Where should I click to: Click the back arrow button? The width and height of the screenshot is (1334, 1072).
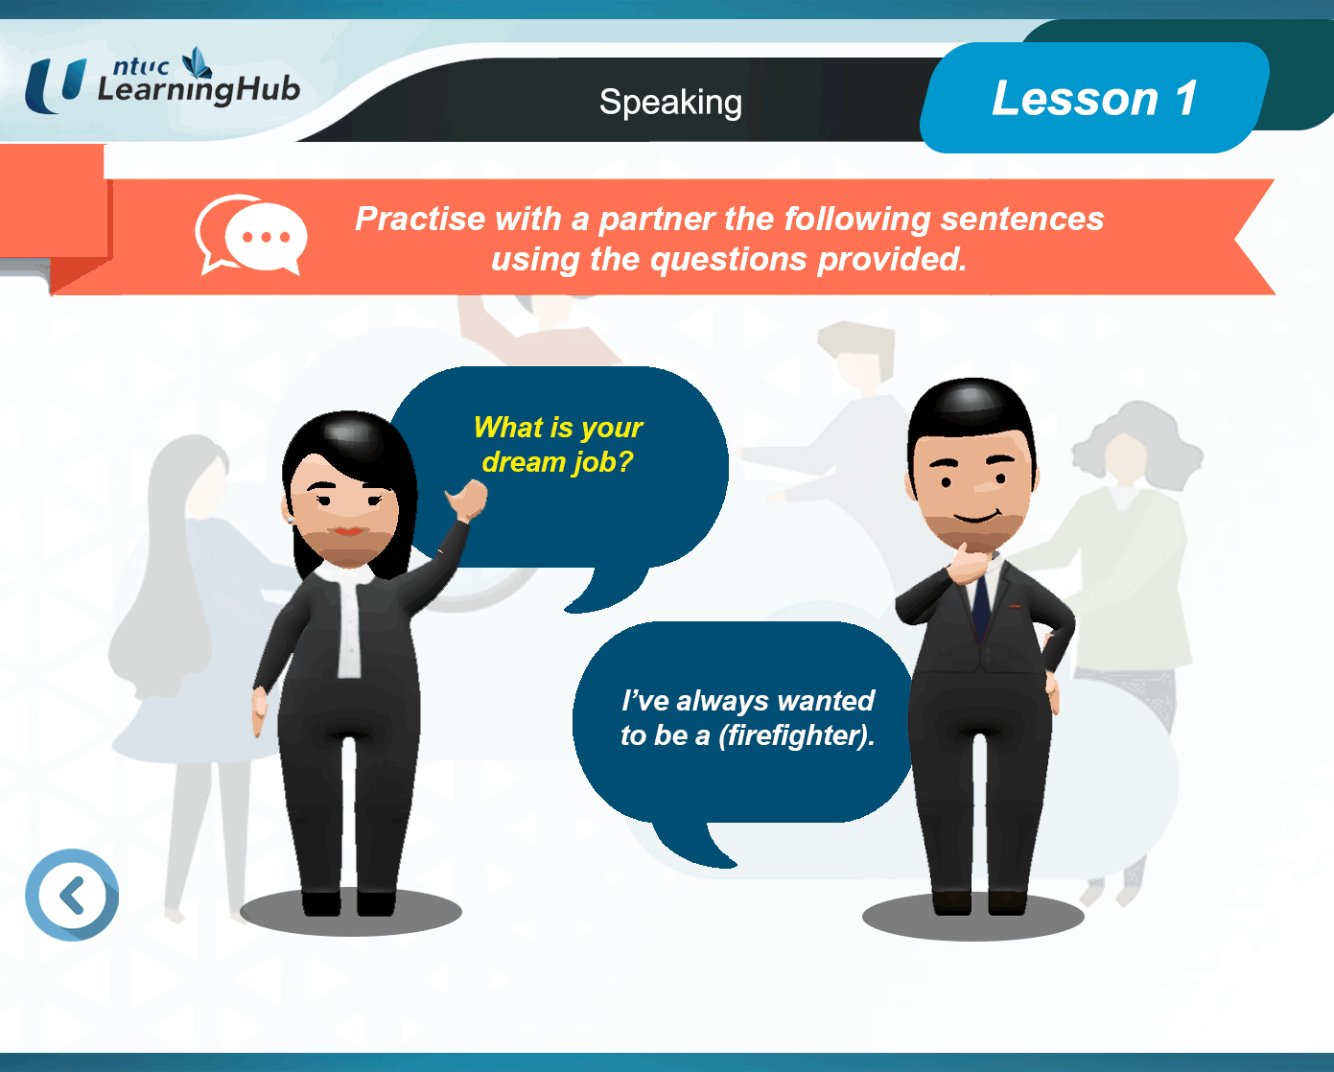(72, 895)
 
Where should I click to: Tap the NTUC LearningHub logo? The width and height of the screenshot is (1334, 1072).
(162, 81)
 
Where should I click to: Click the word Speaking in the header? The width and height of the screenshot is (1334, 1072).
(670, 103)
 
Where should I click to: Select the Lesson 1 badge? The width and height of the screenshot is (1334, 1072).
(1094, 98)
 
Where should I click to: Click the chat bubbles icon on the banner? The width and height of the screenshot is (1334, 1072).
(251, 234)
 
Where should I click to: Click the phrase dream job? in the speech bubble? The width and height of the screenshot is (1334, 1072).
(558, 462)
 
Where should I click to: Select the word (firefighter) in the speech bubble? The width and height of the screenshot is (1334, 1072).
(797, 736)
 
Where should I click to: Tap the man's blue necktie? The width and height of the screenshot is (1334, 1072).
(981, 604)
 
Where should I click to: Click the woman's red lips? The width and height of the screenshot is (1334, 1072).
(348, 531)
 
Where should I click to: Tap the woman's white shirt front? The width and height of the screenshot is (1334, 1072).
(348, 620)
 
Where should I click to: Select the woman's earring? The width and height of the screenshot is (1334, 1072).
(290, 519)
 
